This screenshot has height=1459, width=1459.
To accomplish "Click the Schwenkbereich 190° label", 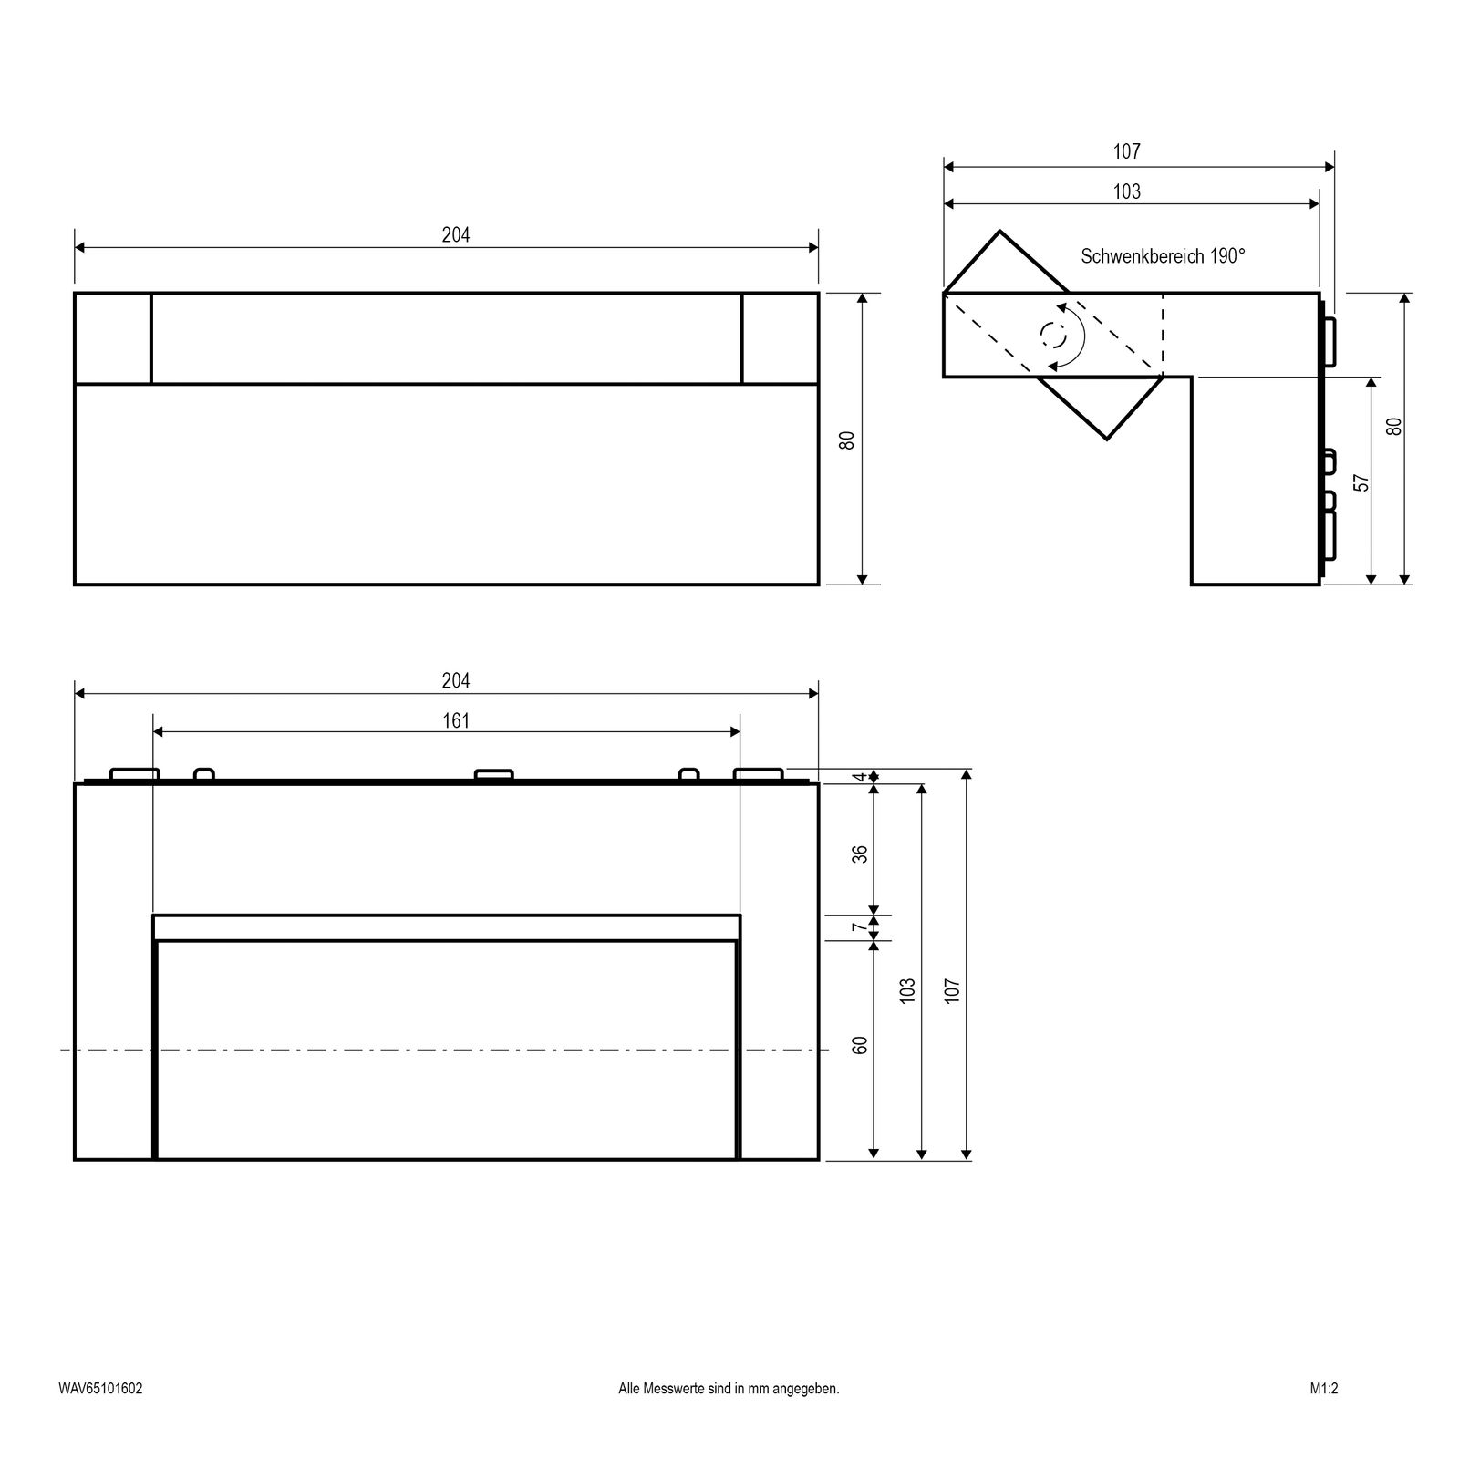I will pyautogui.click(x=1163, y=256).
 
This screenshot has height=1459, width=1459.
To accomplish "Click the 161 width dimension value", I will pyautogui.click(x=456, y=721).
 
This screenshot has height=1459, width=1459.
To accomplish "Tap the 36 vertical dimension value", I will pyautogui.click(x=859, y=854).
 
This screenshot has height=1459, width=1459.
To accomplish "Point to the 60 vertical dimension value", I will pyautogui.click(x=859, y=1045).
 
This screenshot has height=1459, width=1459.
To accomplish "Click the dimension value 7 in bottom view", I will pyautogui.click(x=859, y=927).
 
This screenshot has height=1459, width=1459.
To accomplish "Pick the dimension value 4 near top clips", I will pyautogui.click(x=859, y=777).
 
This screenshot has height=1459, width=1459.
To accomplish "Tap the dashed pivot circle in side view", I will pyautogui.click(x=1053, y=336).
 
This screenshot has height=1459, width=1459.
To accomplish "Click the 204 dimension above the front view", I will pyautogui.click(x=456, y=235).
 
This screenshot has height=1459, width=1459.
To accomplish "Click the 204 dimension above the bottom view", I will pyautogui.click(x=456, y=681).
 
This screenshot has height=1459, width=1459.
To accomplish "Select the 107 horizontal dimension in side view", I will pyautogui.click(x=1127, y=152).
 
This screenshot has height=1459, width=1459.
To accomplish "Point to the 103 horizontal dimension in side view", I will pyautogui.click(x=1127, y=191).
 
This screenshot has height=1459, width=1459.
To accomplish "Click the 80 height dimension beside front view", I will pyautogui.click(x=847, y=440).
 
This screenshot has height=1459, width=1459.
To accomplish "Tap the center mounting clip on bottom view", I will pyautogui.click(x=494, y=775).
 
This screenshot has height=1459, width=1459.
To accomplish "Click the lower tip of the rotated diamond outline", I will pyautogui.click(x=1107, y=440).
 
